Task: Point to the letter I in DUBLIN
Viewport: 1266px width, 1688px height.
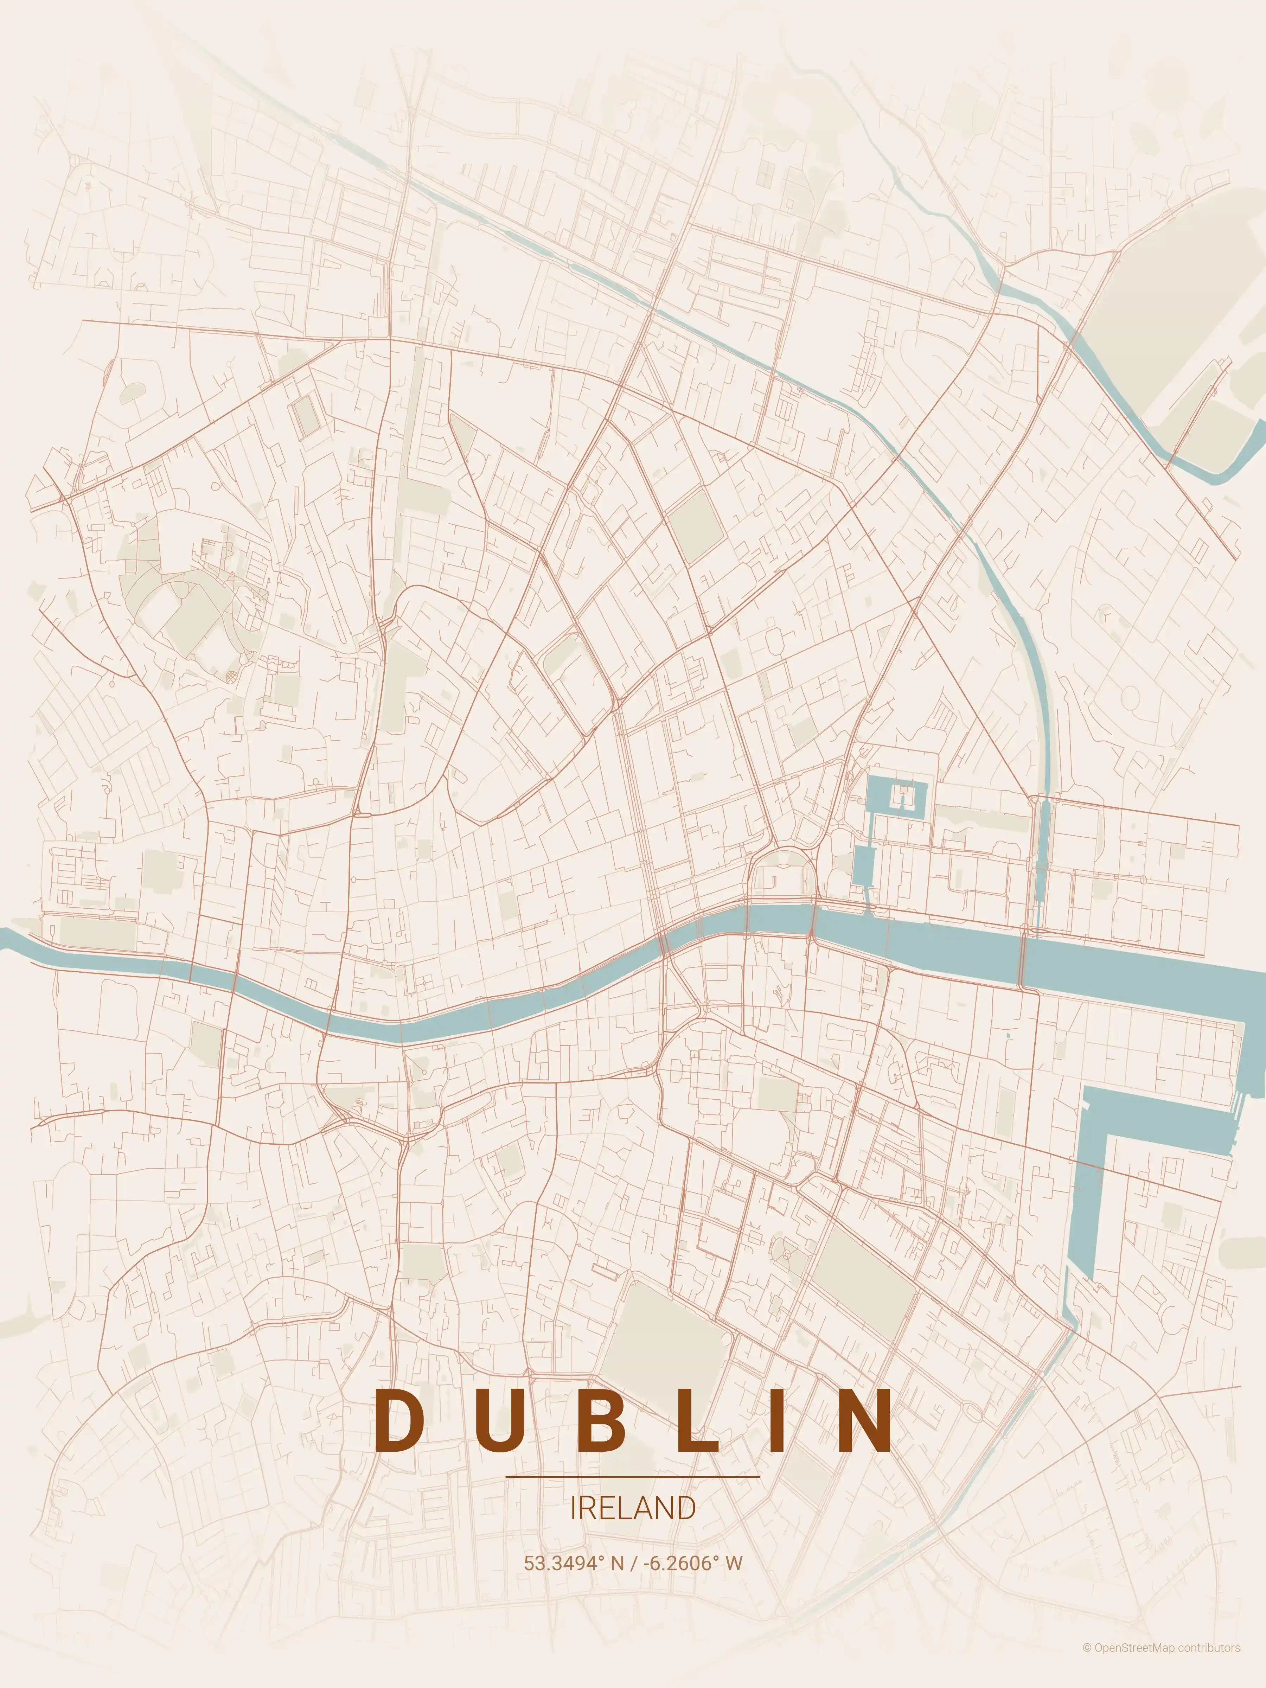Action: point(774,1419)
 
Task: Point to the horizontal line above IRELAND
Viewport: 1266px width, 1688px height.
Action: point(633,1477)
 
